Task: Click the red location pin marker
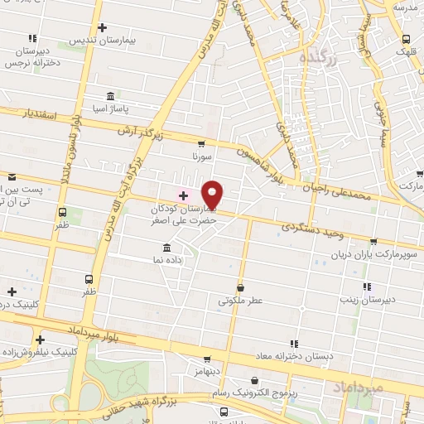click(x=213, y=194)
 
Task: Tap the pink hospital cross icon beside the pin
click(x=183, y=195)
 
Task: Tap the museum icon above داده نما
click(x=167, y=248)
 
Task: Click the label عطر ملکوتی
click(x=240, y=301)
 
